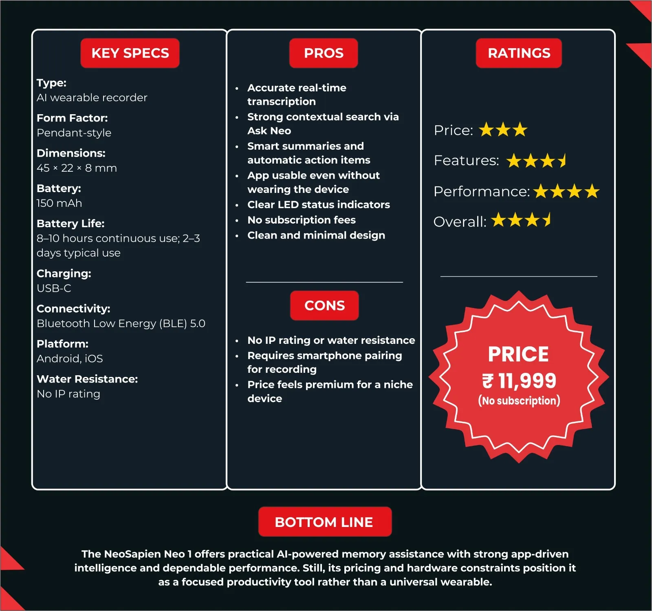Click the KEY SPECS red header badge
(x=130, y=53)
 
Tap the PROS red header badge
(x=324, y=53)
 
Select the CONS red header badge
(x=324, y=305)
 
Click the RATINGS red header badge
(x=519, y=53)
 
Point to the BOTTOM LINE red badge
(x=325, y=522)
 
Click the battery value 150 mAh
(x=59, y=203)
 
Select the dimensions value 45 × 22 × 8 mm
(x=77, y=168)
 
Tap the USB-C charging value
(x=54, y=288)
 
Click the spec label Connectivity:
(x=73, y=309)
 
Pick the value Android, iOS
(x=70, y=359)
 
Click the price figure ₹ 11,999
(x=519, y=381)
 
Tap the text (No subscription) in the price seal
(x=519, y=401)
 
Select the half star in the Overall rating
(x=548, y=220)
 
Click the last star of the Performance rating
(x=592, y=191)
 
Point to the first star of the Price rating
(x=486, y=130)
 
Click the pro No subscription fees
(x=302, y=220)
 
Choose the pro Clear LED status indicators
(x=319, y=205)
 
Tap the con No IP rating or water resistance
(x=331, y=340)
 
